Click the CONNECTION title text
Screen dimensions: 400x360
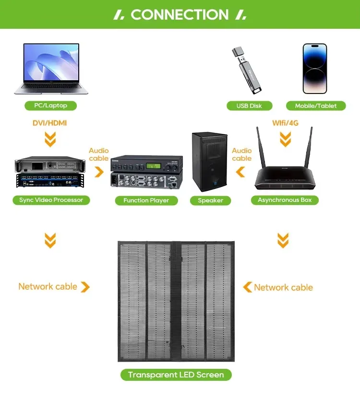pos(180,15)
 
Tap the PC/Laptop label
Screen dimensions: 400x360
pos(50,106)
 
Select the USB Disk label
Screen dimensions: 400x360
pos(249,106)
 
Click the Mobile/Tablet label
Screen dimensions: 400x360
pos(316,106)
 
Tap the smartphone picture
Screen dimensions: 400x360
pos(315,68)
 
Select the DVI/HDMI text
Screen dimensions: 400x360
pos(49,123)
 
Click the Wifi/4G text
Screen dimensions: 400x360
pos(285,123)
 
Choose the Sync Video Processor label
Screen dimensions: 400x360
pos(51,200)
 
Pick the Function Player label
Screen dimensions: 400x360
pos(146,200)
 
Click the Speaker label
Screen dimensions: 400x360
pos(210,200)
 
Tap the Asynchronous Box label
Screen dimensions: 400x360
pos(285,200)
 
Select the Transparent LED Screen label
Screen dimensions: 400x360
pos(176,375)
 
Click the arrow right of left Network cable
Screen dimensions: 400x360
pos(85,287)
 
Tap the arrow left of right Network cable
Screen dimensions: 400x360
pos(247,287)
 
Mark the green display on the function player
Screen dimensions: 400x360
pos(154,166)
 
